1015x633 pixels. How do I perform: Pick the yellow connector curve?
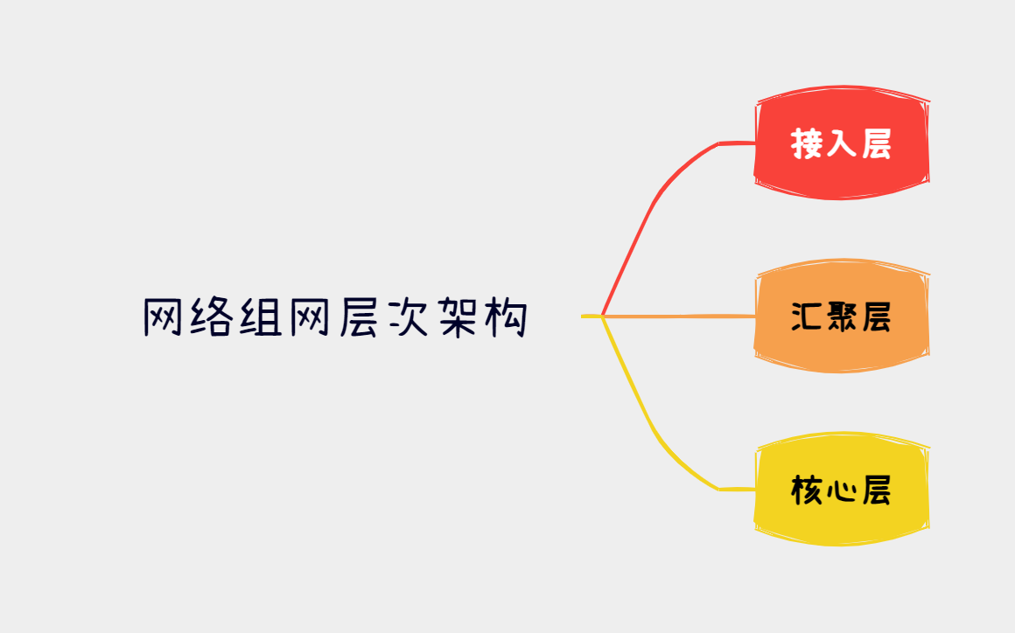[652, 428]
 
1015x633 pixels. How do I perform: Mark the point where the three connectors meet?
[603, 316]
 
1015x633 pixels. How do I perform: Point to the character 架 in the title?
[456, 318]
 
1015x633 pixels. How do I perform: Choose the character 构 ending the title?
[505, 318]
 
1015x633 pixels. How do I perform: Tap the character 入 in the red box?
[841, 143]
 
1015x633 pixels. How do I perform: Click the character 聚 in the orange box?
[841, 316]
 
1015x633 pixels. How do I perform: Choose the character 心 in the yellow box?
[841, 490]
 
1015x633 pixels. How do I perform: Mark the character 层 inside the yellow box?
[876, 490]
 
